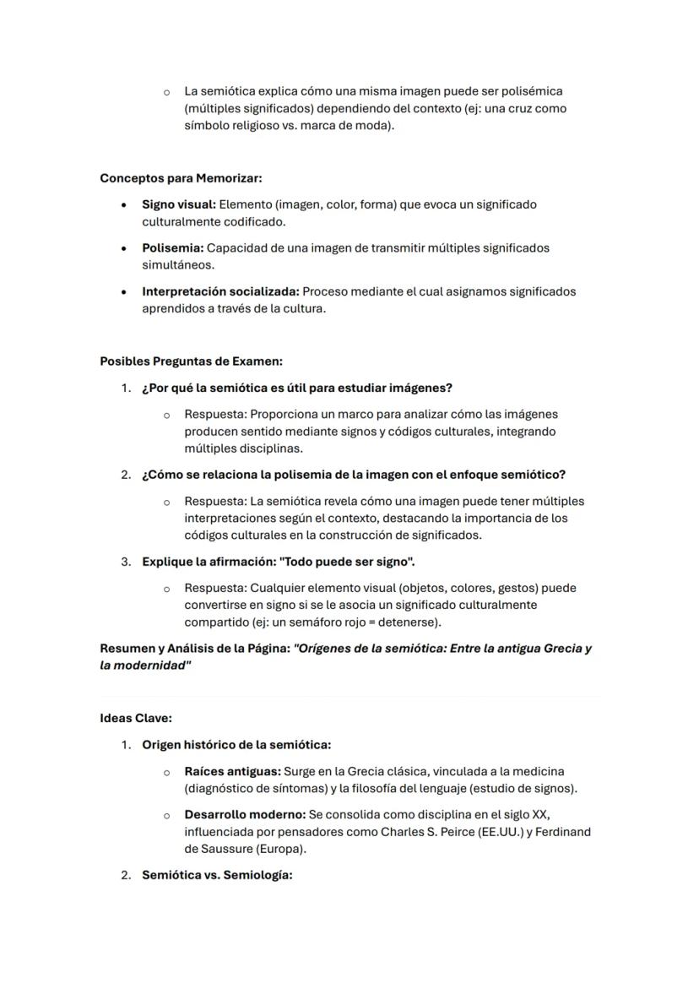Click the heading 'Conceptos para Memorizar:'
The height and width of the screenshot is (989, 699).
coord(181,178)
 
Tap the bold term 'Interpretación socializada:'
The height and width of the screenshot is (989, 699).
coord(220,291)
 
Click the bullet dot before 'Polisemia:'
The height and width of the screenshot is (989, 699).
coord(125,248)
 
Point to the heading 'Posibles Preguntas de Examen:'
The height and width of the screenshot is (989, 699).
coord(191,361)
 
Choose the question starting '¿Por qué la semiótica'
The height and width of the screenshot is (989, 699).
coord(297,388)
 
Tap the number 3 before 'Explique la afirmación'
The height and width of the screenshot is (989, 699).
coord(125,562)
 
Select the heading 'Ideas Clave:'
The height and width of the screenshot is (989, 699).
coord(136,718)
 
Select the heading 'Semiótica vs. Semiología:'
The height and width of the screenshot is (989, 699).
coord(217,875)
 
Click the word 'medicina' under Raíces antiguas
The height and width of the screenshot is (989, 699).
coord(539,771)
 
